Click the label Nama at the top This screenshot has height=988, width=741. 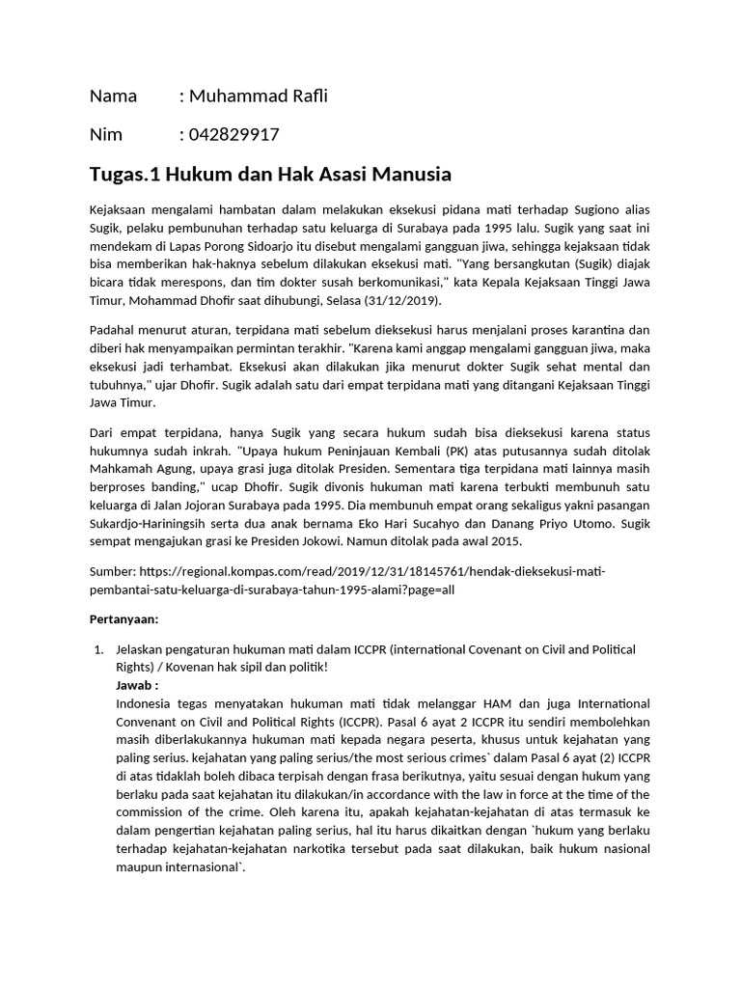[113, 96]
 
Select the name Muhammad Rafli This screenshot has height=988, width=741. [259, 96]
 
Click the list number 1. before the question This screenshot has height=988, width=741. [96, 649]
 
